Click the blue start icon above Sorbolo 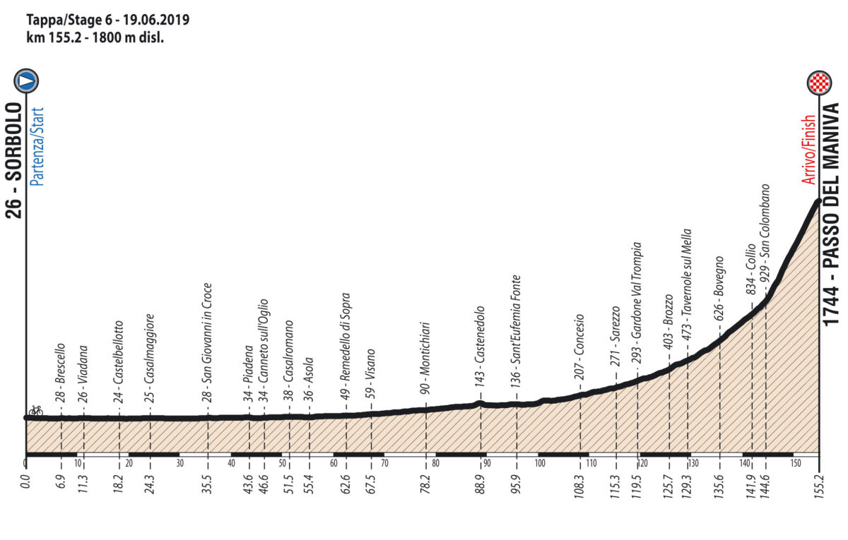(27, 81)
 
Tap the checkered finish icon (819, 83)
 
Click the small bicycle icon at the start (34, 410)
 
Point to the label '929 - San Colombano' (766, 240)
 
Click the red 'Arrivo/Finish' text (809, 150)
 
